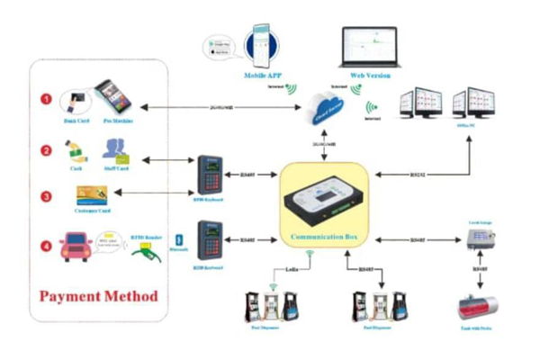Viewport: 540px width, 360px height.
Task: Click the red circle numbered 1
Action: [x=42, y=94]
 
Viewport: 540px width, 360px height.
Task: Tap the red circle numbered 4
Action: [x=43, y=243]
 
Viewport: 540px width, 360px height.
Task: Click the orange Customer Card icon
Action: [x=93, y=194]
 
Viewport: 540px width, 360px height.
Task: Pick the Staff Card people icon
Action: [x=115, y=148]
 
